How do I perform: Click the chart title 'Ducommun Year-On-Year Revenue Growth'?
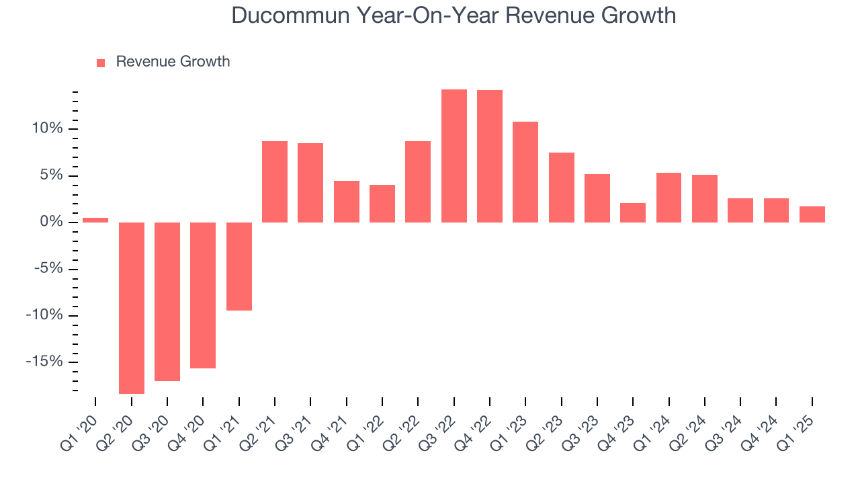tap(454, 15)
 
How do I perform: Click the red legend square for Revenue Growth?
tap(101, 63)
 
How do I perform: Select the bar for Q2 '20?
tap(131, 307)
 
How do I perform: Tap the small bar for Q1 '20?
tap(95, 220)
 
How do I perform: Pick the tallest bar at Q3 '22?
tap(454, 156)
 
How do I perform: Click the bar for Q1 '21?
tap(239, 266)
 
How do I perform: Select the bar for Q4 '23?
tap(632, 212)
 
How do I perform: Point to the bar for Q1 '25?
tap(812, 214)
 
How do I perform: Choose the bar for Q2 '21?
tap(275, 182)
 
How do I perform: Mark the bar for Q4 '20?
tap(203, 295)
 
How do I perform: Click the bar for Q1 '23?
tap(525, 172)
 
